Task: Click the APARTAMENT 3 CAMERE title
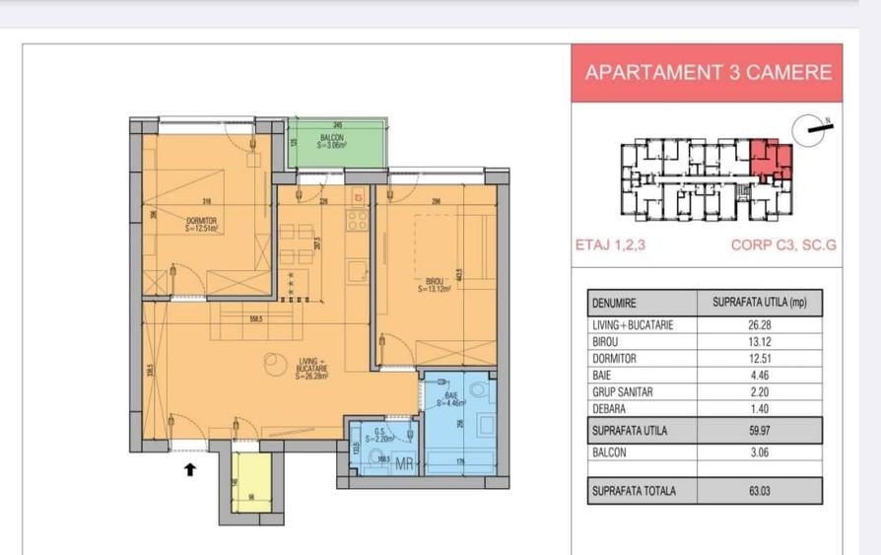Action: tap(708, 72)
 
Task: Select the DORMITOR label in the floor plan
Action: tap(200, 223)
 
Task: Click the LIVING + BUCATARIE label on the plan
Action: tap(315, 368)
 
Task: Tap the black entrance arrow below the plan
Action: tap(190, 469)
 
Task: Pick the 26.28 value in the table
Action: tap(759, 324)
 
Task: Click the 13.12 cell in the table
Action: tap(759, 341)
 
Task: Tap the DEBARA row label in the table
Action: tap(610, 408)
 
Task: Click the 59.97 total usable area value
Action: tap(759, 431)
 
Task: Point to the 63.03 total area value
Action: tap(759, 490)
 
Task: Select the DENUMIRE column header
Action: tap(613, 303)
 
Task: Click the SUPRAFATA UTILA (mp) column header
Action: tap(759, 303)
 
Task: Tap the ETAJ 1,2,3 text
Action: tap(608, 246)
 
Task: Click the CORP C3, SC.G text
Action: tap(783, 246)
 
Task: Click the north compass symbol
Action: tap(814, 126)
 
